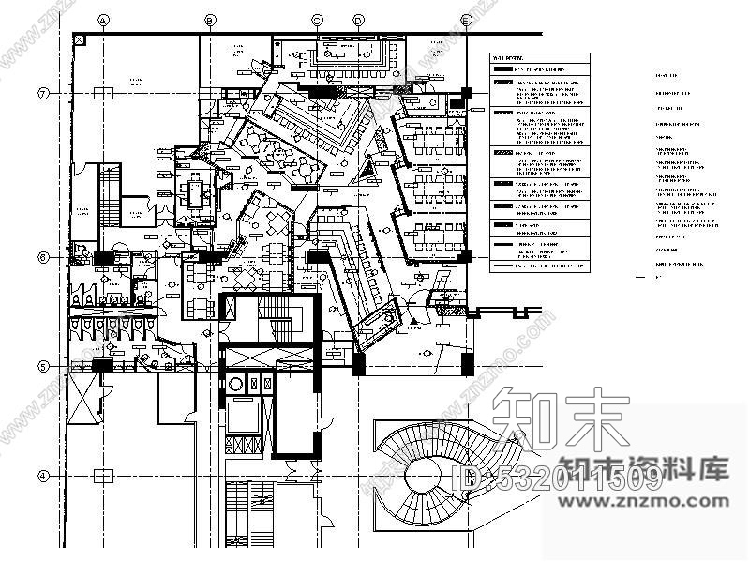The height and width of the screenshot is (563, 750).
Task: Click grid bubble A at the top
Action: (104, 20)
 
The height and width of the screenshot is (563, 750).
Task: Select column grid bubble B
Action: (210, 20)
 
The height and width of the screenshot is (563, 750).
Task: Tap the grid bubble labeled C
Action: (317, 20)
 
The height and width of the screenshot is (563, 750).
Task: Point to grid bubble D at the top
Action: (358, 20)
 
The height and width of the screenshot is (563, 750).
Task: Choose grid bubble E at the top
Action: (466, 20)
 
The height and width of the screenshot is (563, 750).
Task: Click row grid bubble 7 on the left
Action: (43, 93)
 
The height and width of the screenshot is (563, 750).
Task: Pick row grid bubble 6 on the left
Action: (43, 256)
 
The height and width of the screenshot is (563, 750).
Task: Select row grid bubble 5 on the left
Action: (43, 366)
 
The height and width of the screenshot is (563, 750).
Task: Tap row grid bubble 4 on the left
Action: (43, 476)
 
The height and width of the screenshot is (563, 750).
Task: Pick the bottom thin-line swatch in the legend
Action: (504, 266)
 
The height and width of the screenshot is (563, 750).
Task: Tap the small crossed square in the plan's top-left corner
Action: (80, 39)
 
